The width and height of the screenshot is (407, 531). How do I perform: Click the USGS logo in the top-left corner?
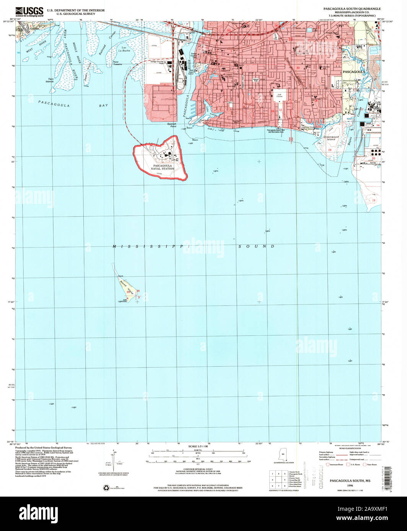click(29, 11)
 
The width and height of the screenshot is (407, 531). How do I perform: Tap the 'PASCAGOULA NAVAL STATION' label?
click(162, 167)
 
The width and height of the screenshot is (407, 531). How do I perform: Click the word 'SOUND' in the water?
click(256, 247)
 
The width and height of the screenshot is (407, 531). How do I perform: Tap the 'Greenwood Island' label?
click(329, 138)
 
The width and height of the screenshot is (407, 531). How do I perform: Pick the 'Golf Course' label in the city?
click(277, 95)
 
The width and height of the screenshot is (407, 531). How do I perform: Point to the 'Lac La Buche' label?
click(124, 49)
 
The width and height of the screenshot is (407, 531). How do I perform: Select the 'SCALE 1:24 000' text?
click(197, 446)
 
